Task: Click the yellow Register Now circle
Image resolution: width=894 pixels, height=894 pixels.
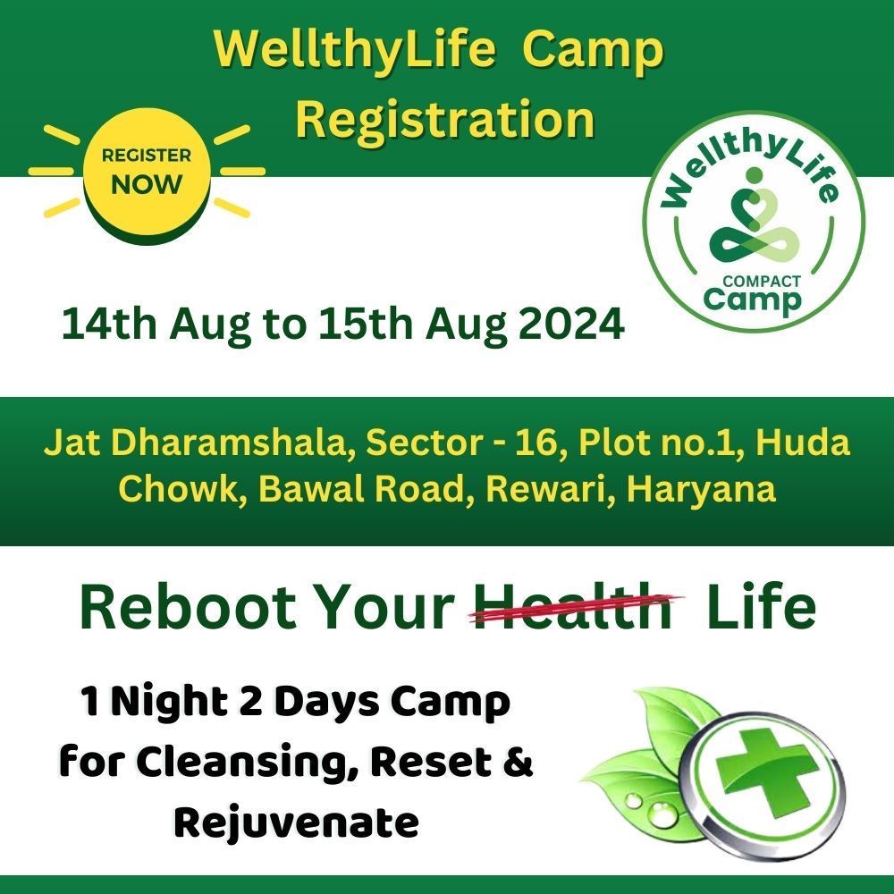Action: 148,172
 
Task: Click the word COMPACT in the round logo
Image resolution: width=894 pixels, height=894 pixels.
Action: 761,281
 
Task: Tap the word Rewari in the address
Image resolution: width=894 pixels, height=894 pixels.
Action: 549,489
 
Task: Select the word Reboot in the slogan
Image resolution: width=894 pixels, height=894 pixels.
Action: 188,607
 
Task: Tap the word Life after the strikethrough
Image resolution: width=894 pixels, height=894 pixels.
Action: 761,607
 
